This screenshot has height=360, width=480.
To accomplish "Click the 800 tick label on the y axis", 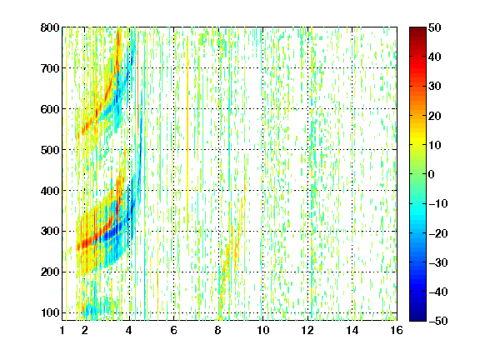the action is (50, 27).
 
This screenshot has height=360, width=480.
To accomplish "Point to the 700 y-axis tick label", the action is (50, 68).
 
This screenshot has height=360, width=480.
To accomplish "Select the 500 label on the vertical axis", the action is (50, 150).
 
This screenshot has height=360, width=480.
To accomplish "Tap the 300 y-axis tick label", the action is (50, 232).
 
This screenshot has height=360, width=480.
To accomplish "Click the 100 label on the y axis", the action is (50, 312).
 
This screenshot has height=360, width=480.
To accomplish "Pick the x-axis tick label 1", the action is (62, 330).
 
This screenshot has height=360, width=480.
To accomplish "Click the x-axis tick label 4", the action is (129, 330).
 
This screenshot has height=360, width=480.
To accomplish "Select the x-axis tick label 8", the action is (218, 330).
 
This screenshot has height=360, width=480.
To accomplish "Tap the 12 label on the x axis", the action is (307, 330).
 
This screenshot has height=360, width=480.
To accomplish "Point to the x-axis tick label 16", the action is (397, 330).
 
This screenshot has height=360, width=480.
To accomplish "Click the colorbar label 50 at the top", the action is (434, 27).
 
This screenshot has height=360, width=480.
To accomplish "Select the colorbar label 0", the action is (432, 174).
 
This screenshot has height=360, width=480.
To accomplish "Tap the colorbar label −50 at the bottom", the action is (437, 321).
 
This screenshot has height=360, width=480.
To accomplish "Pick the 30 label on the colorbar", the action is (434, 87).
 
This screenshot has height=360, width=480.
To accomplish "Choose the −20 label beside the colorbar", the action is (437, 233).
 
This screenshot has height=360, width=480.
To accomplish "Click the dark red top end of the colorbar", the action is (417, 28).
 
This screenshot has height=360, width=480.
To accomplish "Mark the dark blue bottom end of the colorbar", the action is (417, 319).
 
